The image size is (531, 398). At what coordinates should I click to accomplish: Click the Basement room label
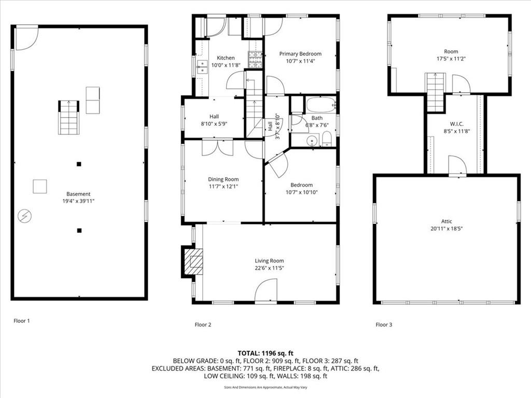pos(78,194)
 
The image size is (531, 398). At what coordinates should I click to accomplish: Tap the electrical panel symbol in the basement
pos(25,216)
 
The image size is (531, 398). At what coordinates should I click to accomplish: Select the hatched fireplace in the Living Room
pos(193,262)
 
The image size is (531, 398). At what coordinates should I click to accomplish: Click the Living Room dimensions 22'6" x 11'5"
pos(269,268)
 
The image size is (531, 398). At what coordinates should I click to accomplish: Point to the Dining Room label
pos(223,179)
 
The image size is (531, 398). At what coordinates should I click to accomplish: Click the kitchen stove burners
pos(255,60)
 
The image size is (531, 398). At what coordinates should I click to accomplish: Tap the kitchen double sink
pos(202,67)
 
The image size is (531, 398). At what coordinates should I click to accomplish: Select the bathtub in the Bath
pos(320,105)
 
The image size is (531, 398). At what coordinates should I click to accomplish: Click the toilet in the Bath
pos(327,139)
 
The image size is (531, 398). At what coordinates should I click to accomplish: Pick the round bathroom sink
pos(312,140)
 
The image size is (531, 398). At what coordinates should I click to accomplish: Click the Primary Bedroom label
pos(300,54)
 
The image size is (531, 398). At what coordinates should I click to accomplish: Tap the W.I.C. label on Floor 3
pos(456,124)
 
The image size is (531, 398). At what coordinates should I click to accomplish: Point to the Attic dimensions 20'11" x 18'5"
pos(446,229)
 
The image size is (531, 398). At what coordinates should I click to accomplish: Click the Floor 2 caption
pos(203,324)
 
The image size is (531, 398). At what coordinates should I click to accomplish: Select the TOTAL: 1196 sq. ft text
pos(265,353)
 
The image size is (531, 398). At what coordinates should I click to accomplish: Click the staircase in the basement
pos(69,118)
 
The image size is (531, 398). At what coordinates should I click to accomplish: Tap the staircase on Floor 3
pos(435,92)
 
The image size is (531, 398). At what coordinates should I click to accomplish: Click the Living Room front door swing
pos(266,290)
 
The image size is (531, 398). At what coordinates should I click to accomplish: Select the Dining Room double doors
pos(218,148)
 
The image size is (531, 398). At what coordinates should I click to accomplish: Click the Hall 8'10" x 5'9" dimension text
pos(214,124)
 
